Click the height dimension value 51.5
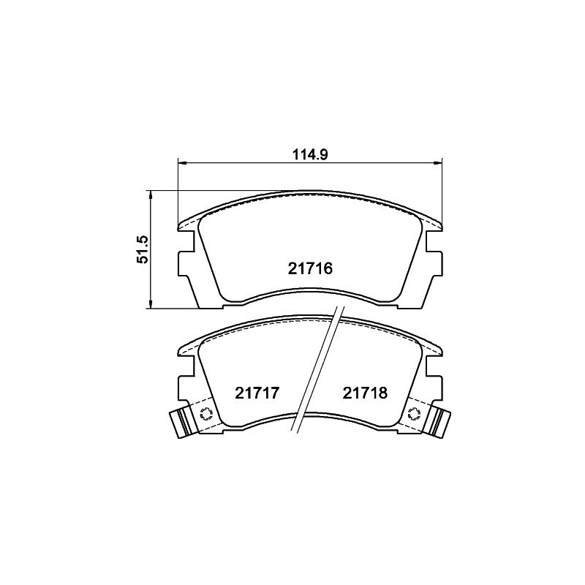[x=143, y=249]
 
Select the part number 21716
[x=309, y=268]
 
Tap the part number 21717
[x=257, y=393]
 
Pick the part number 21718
[x=365, y=393]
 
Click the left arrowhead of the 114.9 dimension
[x=182, y=162]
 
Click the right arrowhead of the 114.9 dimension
[x=437, y=162]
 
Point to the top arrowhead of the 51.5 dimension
[x=151, y=195]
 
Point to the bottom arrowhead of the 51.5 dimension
[x=151, y=304]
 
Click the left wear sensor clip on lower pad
[x=181, y=423]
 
